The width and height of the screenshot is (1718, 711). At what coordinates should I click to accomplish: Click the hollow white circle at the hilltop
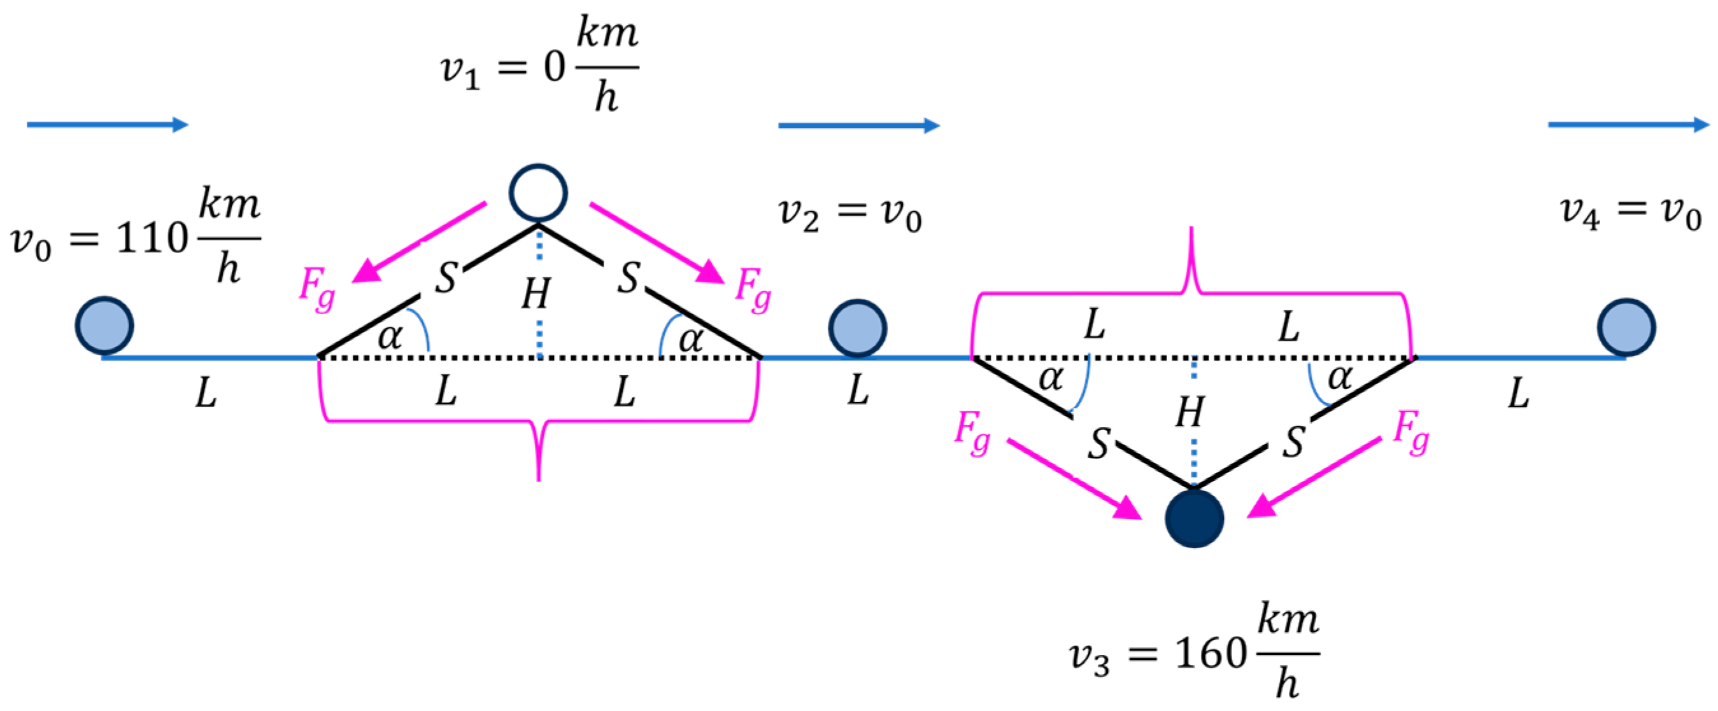[x=538, y=193]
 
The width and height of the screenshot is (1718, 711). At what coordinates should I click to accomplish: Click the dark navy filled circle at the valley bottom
[x=1194, y=518]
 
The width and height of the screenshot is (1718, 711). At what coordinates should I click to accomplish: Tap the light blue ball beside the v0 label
[x=104, y=325]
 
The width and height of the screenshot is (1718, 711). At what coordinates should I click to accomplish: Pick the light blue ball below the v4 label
[x=1626, y=327]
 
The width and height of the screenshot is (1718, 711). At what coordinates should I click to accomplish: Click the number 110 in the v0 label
[x=152, y=238]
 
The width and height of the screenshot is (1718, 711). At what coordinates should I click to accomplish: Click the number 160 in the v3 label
[x=1210, y=652]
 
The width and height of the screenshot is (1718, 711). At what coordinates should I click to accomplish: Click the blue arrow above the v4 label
[x=1628, y=125]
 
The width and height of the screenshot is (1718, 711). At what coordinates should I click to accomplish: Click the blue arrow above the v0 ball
[x=107, y=125]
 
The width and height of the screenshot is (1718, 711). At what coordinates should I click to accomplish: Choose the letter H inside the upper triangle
[x=536, y=293]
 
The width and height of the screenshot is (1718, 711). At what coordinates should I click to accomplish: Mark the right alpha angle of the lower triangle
[x=1339, y=378]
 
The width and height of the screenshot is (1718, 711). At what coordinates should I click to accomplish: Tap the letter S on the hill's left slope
[x=446, y=277]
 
